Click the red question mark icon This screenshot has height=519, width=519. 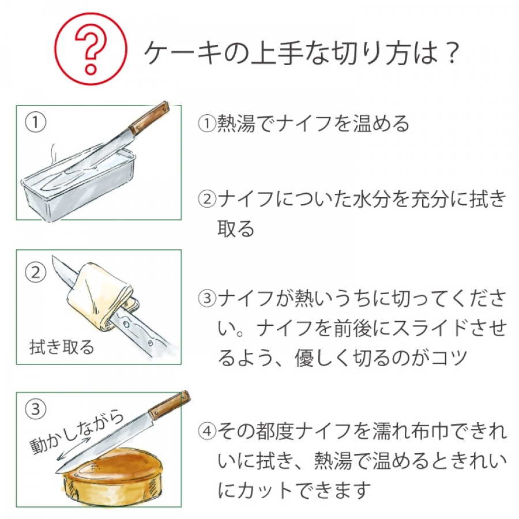[91, 49]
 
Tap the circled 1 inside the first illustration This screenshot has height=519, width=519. [35, 122]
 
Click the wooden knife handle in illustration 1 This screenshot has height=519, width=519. [149, 118]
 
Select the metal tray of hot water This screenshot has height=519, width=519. [78, 185]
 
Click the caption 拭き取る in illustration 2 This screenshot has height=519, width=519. [62, 347]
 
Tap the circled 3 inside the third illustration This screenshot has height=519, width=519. [35, 409]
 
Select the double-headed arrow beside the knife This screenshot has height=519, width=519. [73, 449]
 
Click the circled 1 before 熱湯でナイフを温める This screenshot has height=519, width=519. [207, 123]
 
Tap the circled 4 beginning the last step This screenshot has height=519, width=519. [207, 431]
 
